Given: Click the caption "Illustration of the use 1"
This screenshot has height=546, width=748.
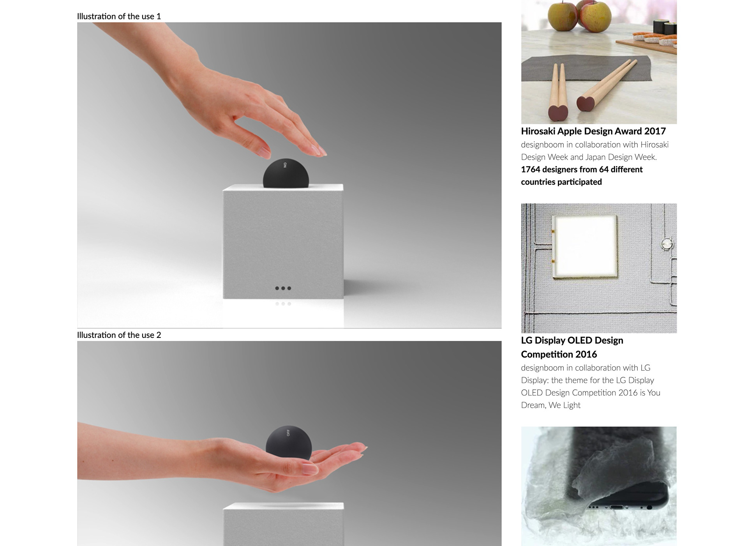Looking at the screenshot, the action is pyautogui.click(x=119, y=16).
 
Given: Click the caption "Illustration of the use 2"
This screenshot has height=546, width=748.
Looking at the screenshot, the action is pyautogui.click(x=119, y=335).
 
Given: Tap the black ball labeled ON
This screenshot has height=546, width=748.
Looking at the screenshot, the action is pyautogui.click(x=286, y=173).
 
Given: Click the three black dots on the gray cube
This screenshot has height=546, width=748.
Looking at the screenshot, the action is pyautogui.click(x=283, y=288).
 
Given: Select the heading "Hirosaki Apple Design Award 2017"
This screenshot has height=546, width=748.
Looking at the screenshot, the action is pyautogui.click(x=593, y=131).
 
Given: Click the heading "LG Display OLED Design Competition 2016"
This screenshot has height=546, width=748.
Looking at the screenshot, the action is pyautogui.click(x=572, y=347).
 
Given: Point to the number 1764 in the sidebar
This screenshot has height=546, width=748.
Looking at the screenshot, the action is pyautogui.click(x=530, y=170).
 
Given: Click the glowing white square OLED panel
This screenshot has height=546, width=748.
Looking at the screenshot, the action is pyautogui.click(x=585, y=246).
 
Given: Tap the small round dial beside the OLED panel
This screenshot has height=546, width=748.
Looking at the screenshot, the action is pyautogui.click(x=667, y=244).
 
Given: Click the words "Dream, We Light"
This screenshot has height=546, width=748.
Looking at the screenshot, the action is pyautogui.click(x=550, y=405).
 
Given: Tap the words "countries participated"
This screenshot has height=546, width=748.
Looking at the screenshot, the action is pyautogui.click(x=561, y=182).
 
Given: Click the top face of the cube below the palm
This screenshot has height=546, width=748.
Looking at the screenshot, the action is pyautogui.click(x=283, y=506).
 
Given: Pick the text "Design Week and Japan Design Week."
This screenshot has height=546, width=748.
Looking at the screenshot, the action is pyautogui.click(x=589, y=157).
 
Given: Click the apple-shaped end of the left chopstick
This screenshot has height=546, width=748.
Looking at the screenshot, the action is pyautogui.click(x=558, y=113).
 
